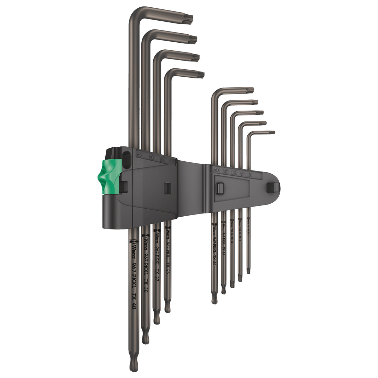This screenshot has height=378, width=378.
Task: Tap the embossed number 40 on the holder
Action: click(x=140, y=155)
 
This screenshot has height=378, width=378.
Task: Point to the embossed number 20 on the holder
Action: click(x=216, y=170)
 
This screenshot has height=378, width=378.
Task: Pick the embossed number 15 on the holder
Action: click(x=225, y=171)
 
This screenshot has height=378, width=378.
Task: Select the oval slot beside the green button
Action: click(x=126, y=162)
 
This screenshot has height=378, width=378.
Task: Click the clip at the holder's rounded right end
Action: click(x=272, y=188)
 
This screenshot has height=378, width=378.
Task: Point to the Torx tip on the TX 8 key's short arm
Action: click(x=271, y=133)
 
